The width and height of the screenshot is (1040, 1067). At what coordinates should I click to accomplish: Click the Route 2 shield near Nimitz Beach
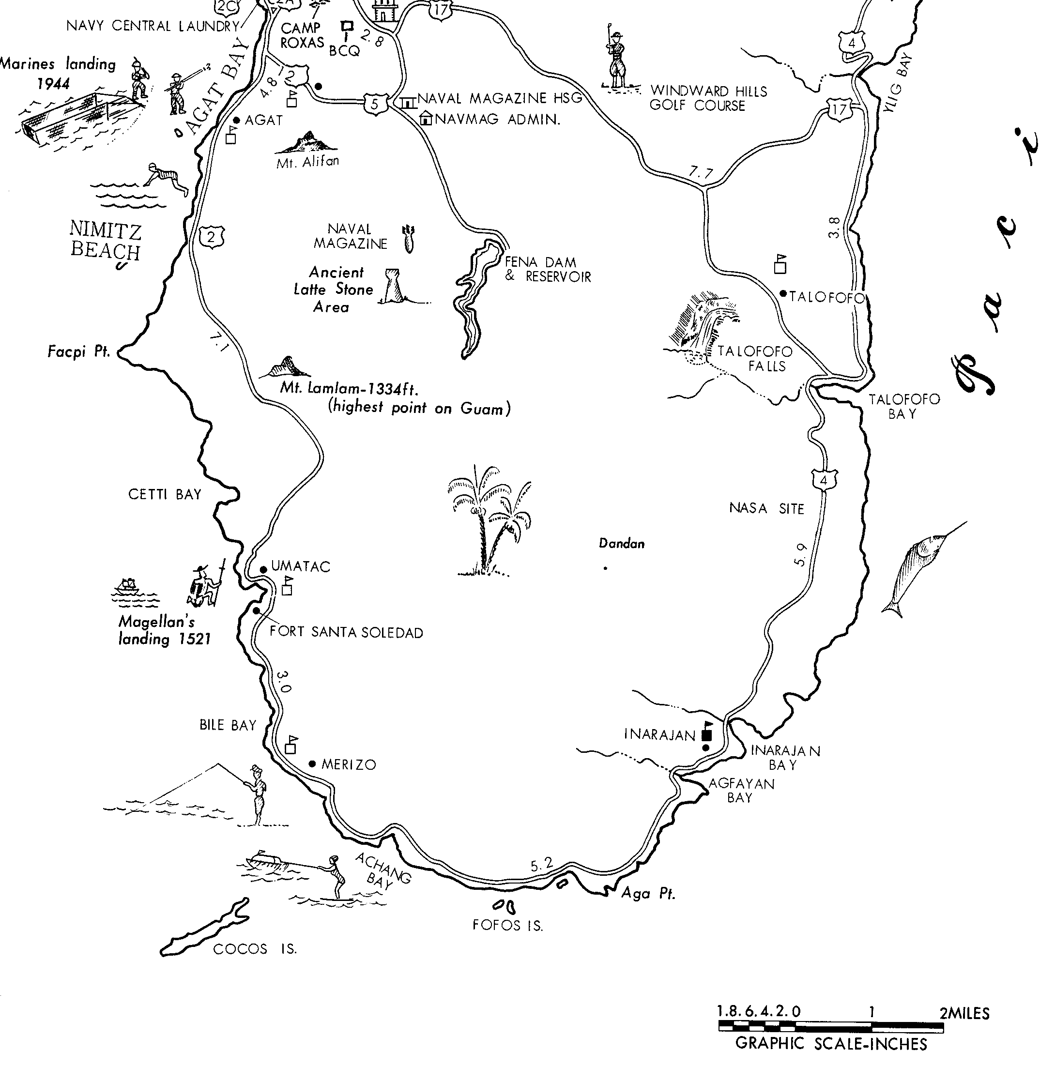point(212,236)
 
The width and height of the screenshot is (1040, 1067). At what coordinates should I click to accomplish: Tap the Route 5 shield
point(375,104)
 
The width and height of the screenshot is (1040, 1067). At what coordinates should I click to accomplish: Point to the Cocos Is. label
point(255,949)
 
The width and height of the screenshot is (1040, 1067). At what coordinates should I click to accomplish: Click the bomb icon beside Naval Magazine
point(408,239)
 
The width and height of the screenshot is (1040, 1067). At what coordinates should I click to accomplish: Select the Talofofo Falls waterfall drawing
point(702,328)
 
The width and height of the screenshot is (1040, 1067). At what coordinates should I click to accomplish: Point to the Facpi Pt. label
point(78,351)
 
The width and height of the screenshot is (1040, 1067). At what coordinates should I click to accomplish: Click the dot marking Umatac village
point(263,569)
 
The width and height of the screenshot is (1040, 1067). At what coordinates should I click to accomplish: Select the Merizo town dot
point(312,764)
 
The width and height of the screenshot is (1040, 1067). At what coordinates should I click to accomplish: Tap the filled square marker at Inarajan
point(706,734)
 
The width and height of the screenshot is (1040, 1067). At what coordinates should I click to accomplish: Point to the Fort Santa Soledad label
point(346,632)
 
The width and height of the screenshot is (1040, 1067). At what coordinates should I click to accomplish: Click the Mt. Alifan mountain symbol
point(306,143)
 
